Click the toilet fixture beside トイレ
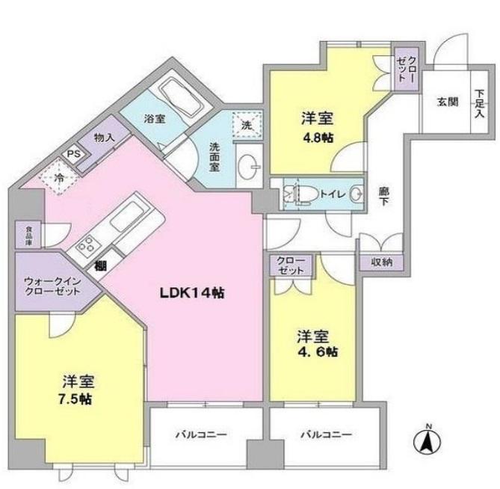click(299, 194)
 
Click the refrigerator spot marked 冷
click(59, 178)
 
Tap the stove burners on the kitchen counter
click(86, 244)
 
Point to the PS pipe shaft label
click(73, 154)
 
